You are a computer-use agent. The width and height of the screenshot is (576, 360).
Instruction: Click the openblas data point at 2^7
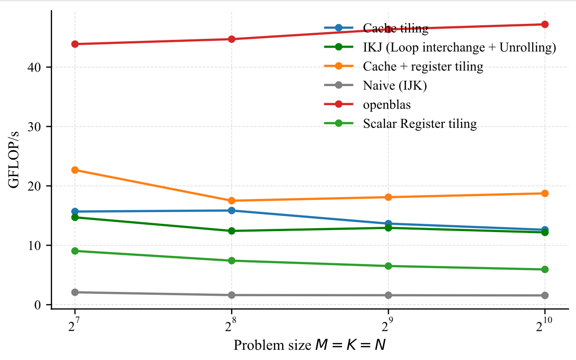75,44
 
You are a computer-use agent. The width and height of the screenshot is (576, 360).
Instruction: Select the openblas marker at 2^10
545,24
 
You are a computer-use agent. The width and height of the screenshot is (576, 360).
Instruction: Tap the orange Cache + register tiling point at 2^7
75,170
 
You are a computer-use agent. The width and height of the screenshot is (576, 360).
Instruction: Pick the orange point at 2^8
232,200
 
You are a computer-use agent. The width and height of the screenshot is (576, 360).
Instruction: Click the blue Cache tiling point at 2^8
232,211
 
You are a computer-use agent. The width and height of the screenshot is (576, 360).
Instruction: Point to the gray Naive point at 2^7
75,292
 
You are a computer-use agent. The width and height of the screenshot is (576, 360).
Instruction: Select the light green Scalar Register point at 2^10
545,270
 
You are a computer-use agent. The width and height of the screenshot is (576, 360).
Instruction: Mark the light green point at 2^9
388,266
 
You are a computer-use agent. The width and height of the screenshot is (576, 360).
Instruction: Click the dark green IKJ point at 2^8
232,231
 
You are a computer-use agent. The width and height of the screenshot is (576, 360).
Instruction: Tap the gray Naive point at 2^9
388,295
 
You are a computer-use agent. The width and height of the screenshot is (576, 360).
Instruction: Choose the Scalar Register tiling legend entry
419,124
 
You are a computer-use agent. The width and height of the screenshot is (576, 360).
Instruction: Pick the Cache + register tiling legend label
423,67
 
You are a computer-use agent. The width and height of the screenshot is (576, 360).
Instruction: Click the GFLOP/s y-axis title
15,156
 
